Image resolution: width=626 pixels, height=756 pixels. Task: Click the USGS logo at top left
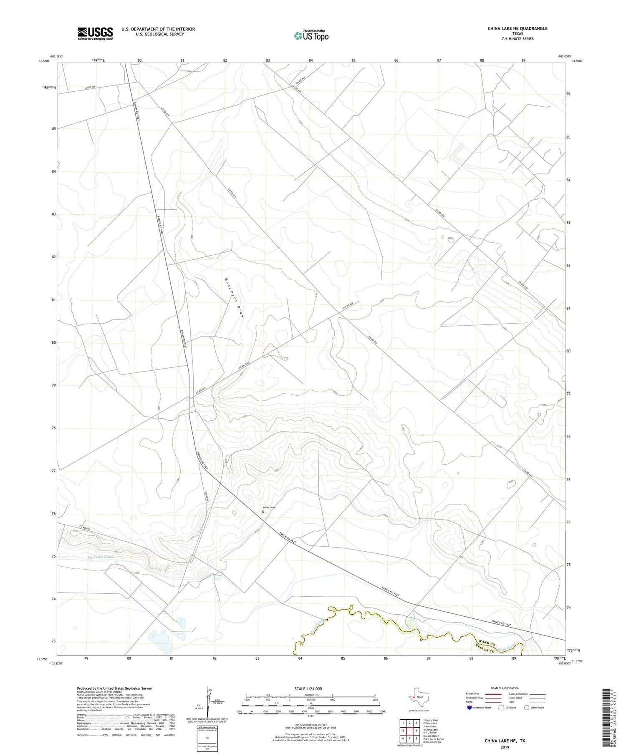95,33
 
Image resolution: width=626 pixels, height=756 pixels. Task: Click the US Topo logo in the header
311,36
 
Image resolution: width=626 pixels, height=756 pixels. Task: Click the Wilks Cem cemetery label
269,507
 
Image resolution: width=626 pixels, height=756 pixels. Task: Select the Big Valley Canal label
100,557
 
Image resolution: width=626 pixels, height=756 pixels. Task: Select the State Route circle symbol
527,708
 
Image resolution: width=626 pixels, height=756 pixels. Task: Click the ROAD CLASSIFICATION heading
505,688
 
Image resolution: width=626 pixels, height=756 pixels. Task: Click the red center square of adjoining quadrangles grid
410,731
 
